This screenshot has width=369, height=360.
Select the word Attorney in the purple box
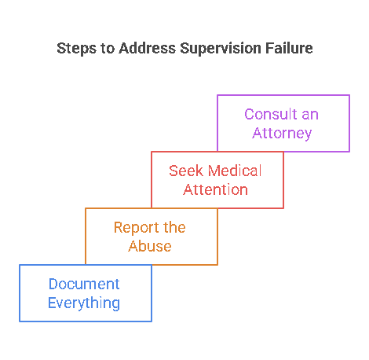282,133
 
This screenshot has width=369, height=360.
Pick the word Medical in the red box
233,171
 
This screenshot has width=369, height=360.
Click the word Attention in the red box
216,189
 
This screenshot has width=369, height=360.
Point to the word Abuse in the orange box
151,246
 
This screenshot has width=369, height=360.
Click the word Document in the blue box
84,285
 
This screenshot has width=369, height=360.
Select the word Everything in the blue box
84,303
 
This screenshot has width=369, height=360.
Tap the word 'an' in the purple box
309,115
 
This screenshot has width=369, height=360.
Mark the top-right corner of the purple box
349,95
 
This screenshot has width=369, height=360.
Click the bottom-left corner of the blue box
20,321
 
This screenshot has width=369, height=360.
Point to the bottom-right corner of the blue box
151,321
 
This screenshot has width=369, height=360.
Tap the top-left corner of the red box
152,152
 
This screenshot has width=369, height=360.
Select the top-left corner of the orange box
86,208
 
